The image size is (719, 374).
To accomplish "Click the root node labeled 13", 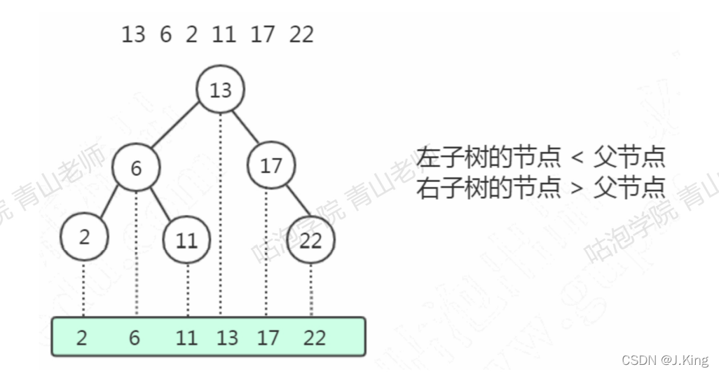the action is (x=220, y=90).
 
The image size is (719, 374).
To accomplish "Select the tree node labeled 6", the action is (x=136, y=168).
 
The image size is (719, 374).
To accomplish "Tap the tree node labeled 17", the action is (x=271, y=166).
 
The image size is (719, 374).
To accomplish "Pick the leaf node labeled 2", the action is (x=84, y=237).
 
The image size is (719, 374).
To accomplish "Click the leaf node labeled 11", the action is (x=186, y=240).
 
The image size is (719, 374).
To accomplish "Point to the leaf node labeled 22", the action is (x=310, y=240).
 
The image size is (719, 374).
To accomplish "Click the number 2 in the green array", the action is (x=82, y=338).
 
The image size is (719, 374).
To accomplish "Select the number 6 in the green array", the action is (x=135, y=338).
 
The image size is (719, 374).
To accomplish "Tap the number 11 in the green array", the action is (x=186, y=338).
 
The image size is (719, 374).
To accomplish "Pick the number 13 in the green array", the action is (x=227, y=338).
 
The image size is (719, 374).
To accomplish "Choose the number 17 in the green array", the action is (x=267, y=338).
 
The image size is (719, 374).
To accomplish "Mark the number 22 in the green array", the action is (x=315, y=338).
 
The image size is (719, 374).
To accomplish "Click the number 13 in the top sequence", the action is (x=133, y=34).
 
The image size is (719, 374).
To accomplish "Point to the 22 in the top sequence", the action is (x=301, y=34).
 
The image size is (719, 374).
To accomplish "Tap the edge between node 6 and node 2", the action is (x=109, y=204).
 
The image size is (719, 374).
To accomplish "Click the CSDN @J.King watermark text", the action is (x=665, y=360).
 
